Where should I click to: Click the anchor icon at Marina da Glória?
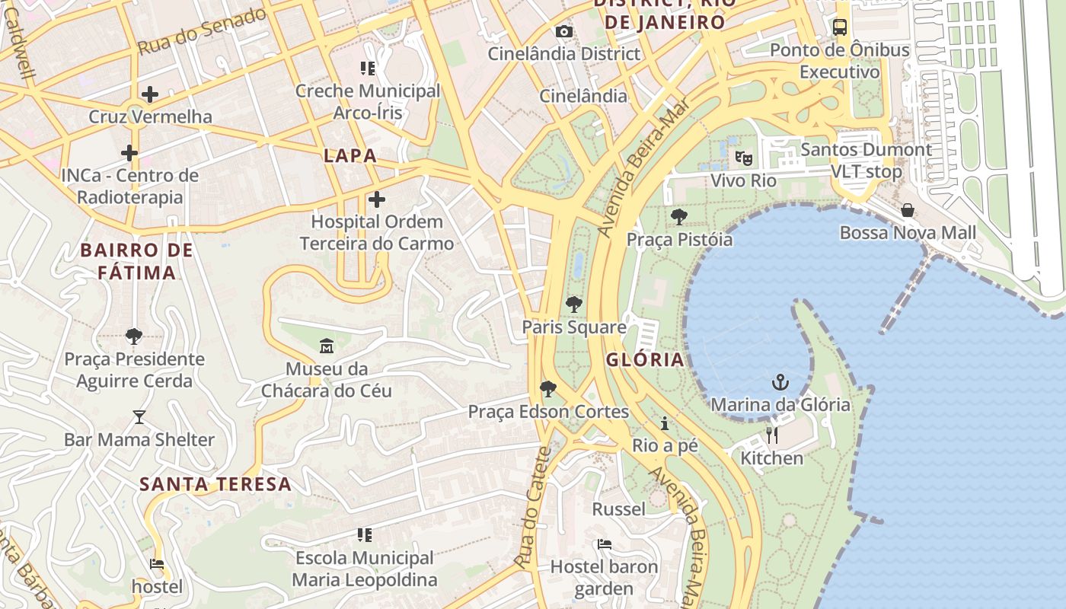point(780,381)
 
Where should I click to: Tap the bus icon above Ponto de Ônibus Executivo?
point(840,27)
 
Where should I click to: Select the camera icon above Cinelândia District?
point(563,31)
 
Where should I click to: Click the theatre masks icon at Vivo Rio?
point(743,158)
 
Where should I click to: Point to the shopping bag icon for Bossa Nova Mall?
point(908,210)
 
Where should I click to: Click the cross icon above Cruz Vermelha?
point(150,94)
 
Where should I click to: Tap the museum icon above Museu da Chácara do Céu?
point(327,346)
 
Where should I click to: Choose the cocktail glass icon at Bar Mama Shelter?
point(139,417)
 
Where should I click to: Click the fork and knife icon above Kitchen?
point(772,435)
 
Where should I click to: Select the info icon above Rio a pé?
point(665,423)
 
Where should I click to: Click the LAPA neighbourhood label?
point(350,156)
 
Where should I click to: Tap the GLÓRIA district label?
point(645,360)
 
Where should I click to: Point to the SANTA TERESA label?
point(215,484)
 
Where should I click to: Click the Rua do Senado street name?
point(202,31)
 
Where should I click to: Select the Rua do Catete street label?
point(532,508)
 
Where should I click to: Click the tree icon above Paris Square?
point(574,304)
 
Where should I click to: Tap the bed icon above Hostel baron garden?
point(604,544)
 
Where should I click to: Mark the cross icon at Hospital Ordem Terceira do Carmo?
point(376,199)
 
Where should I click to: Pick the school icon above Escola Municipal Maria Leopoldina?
point(365,535)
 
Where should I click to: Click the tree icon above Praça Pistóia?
point(679,217)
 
